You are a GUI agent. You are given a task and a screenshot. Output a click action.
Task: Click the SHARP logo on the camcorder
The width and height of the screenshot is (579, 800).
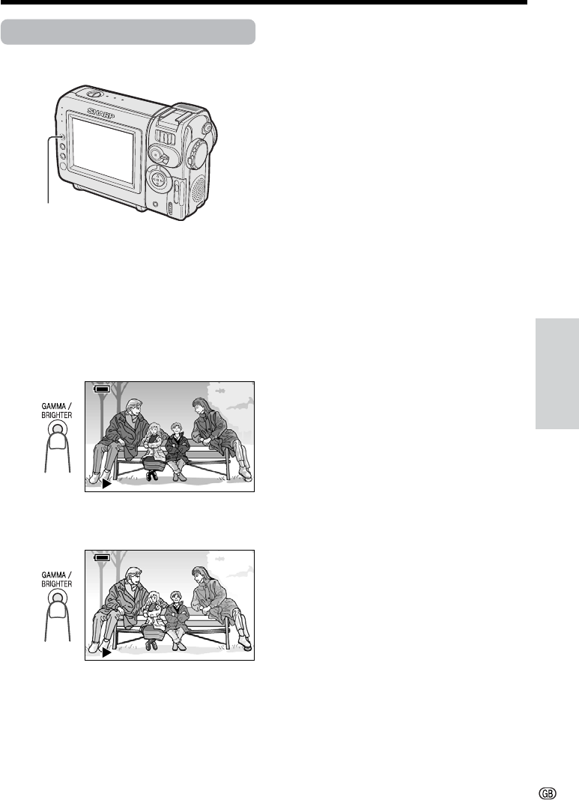(101, 113)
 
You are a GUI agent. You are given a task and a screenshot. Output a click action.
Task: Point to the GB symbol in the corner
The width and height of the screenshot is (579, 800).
(548, 793)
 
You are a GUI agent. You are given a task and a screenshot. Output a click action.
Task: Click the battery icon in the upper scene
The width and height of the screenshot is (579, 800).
(102, 390)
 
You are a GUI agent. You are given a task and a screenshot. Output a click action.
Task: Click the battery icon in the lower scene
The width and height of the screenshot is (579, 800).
(102, 557)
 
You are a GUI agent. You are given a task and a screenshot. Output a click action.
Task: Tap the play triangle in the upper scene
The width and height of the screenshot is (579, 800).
(106, 483)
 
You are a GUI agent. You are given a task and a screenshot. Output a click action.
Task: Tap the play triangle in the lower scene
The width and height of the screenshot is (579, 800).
(106, 652)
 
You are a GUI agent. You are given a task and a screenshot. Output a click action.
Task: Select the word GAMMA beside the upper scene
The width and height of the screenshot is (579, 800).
(54, 406)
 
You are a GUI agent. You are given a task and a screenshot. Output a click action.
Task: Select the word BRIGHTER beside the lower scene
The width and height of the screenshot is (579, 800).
(57, 584)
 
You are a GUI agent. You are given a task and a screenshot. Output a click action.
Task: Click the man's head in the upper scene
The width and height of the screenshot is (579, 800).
(133, 408)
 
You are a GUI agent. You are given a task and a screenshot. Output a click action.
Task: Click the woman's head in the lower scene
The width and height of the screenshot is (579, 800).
(199, 577)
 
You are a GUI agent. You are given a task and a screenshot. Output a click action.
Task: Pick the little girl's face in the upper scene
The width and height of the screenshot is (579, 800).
(153, 431)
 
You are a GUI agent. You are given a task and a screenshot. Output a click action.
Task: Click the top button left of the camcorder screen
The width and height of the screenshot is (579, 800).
(61, 137)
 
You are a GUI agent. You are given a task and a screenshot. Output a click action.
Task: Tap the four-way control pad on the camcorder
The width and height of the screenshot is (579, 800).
(159, 181)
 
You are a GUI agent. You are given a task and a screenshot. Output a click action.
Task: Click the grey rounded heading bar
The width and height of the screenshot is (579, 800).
(128, 32)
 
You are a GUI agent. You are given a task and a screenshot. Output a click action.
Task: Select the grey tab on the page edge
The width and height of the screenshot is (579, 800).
(557, 374)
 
